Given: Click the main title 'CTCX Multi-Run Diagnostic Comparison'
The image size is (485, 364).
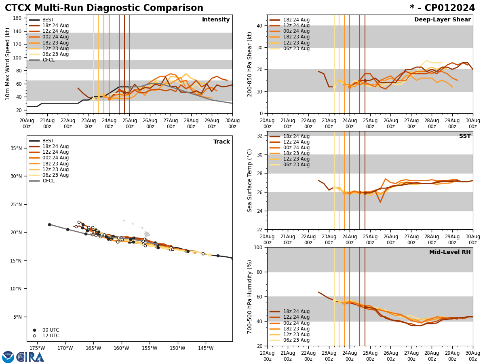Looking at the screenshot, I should coord(104,8).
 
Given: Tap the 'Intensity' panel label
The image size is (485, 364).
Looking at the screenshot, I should coord(216,20).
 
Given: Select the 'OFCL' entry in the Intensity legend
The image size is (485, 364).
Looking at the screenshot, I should coord(48,60).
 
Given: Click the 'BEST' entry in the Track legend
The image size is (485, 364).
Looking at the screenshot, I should coord(48,141).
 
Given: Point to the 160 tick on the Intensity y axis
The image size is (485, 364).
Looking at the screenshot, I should coord(18,18).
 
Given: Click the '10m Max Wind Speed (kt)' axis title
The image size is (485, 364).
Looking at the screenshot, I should coord(8,64).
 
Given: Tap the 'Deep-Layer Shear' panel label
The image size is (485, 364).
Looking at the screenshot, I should coord(442,20).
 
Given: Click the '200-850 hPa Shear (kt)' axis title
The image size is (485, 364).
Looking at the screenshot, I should coord(249,64).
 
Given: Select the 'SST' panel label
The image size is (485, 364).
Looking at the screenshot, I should coord(465,136).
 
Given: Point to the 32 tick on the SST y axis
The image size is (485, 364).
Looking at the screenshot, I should coord(260,136).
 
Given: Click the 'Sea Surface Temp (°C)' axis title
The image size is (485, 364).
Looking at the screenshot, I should coord(249,180).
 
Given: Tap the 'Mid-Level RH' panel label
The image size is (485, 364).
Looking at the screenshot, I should coord(450,252).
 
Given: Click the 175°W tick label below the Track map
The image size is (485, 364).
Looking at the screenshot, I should coord(37,348).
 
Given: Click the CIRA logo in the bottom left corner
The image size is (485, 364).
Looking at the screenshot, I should coord(23,357).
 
